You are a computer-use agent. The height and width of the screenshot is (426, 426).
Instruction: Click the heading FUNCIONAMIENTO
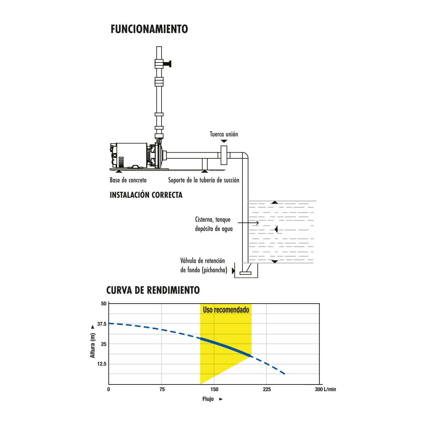pyautogui.click(x=149, y=29)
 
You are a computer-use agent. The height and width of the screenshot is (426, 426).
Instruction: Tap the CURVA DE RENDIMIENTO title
pyautogui.click(x=153, y=290)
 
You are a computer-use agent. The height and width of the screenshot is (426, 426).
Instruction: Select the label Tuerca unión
pyautogui.click(x=224, y=134)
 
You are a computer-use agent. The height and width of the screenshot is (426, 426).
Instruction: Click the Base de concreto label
pyautogui.click(x=128, y=180)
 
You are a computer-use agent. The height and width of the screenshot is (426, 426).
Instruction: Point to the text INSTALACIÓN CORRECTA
pyautogui.click(x=146, y=195)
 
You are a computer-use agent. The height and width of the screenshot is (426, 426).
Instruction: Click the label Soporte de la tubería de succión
pyautogui.click(x=203, y=180)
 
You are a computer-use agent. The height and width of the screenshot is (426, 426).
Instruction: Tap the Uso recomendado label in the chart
pyautogui.click(x=226, y=310)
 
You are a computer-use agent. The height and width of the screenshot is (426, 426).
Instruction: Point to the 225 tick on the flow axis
pyautogui.click(x=267, y=389)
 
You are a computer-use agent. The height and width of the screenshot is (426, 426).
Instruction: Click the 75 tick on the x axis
pyautogui.click(x=162, y=389)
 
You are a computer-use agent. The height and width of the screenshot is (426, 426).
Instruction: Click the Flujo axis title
pyautogui.click(x=208, y=399)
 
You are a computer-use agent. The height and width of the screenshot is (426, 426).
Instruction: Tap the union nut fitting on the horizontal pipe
pyautogui.click(x=224, y=155)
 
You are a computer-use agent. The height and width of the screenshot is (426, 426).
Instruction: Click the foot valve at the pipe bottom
pyautogui.click(x=245, y=273)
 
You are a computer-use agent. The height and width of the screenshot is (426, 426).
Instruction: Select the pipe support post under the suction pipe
pyautogui.click(x=204, y=164)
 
